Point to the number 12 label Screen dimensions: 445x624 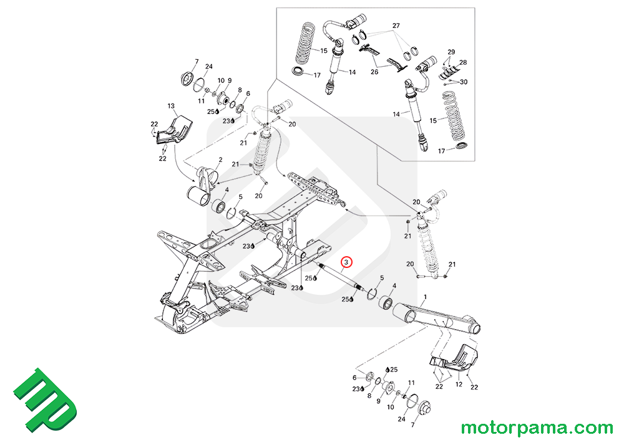pyautogui.click(x=459, y=385)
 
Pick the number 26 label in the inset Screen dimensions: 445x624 pyautogui.click(x=374, y=72)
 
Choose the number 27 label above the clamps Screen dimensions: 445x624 pyautogui.click(x=395, y=26)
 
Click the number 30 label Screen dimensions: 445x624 pyautogui.click(x=463, y=82)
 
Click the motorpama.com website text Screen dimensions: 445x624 pyautogui.click(x=537, y=428)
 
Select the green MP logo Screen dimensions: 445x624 pyautogui.click(x=45, y=401)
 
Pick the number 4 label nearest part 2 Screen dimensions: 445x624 pyautogui.click(x=227, y=189)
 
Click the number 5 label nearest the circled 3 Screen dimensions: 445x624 pyautogui.click(x=382, y=278)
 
